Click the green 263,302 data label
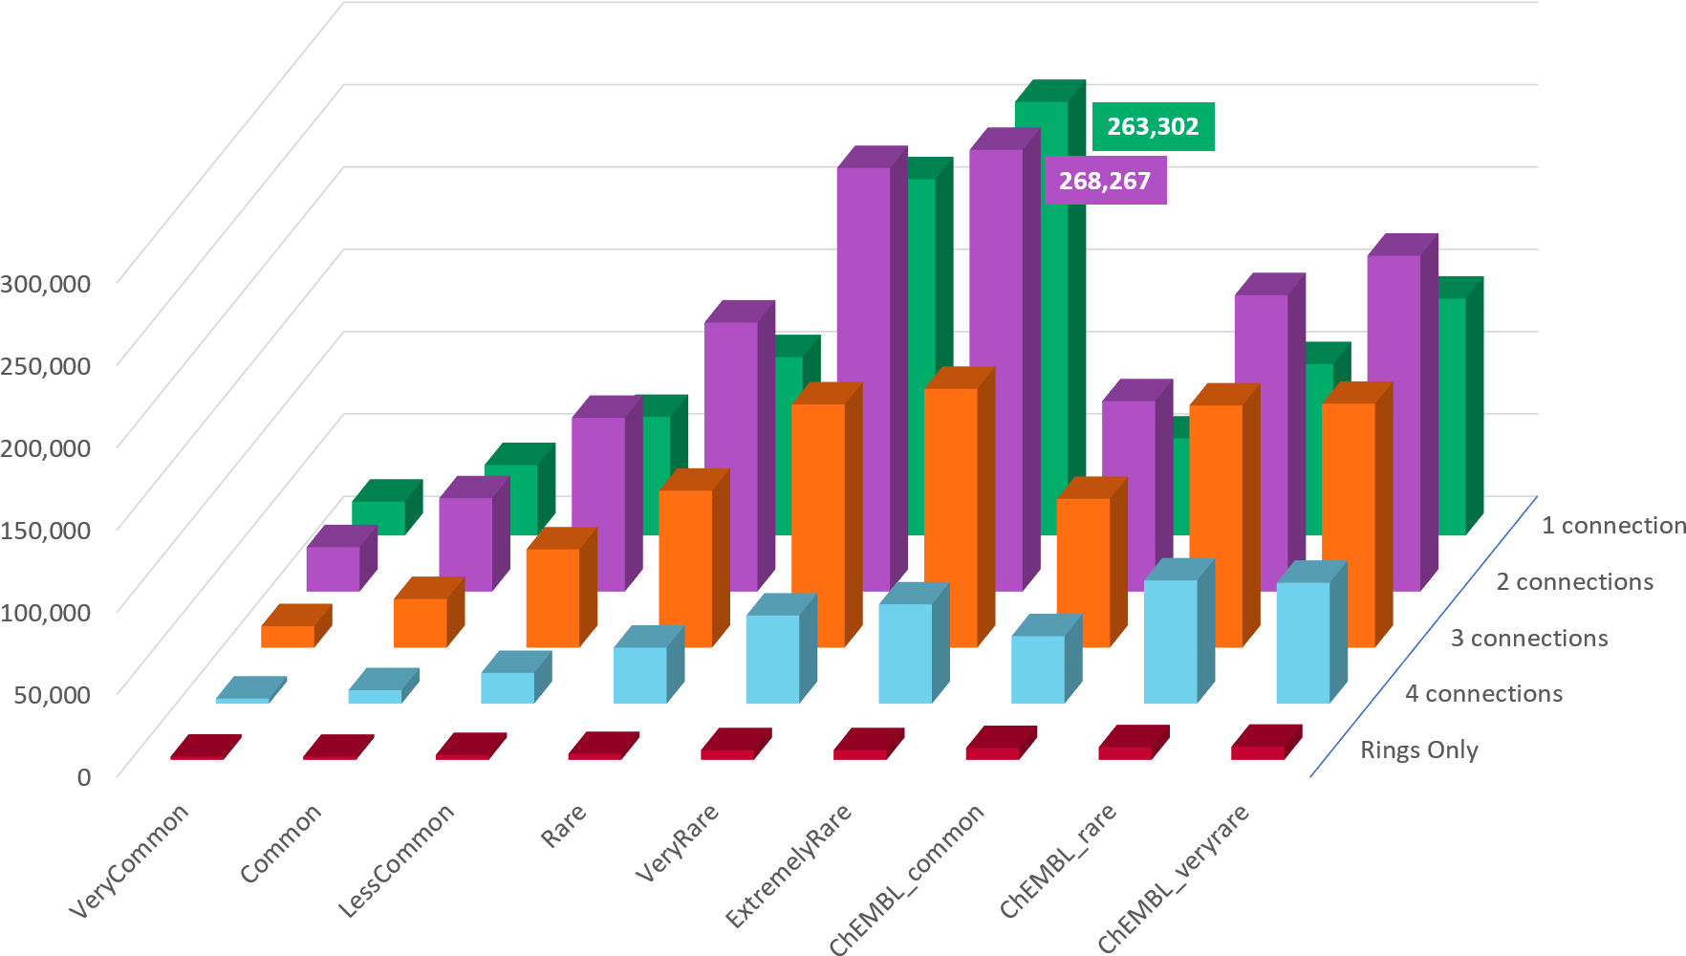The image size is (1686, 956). pyautogui.click(x=1153, y=126)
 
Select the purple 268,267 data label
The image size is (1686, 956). pyautogui.click(x=1105, y=181)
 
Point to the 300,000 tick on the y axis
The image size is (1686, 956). pyautogui.click(x=46, y=284)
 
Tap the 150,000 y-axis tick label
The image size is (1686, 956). pyautogui.click(x=46, y=530)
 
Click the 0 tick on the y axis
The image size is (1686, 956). pyautogui.click(x=84, y=776)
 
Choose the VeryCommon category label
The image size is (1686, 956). pyautogui.click(x=130, y=860)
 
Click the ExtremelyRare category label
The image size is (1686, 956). pyautogui.click(x=789, y=865)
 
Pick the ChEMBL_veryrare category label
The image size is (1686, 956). pyautogui.click(x=1174, y=878)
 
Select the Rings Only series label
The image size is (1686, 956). pyautogui.click(x=1418, y=750)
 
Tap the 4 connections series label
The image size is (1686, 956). pyautogui.click(x=1483, y=694)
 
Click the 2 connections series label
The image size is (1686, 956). pyautogui.click(x=1574, y=582)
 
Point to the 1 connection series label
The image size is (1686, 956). pyautogui.click(x=1612, y=526)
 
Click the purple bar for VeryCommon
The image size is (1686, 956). pyautogui.click(x=333, y=568)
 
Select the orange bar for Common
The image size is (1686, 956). pyautogui.click(x=421, y=622)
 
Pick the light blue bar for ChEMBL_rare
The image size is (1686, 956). pyautogui.click(x=1170, y=641)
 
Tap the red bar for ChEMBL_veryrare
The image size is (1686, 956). pyautogui.click(x=1258, y=752)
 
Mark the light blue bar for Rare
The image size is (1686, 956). pyautogui.click(x=640, y=675)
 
